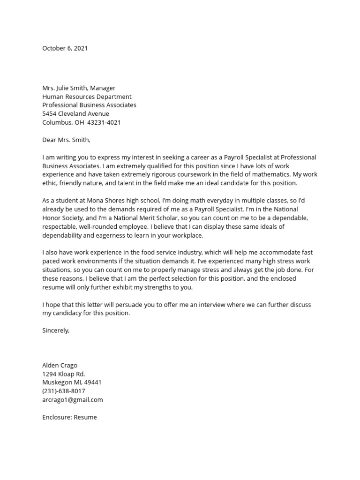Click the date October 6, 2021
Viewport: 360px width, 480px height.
(x=65, y=48)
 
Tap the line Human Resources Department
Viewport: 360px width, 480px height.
(x=87, y=97)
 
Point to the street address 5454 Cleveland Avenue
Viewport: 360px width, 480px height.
(x=75, y=114)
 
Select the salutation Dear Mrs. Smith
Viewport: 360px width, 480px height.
(x=66, y=140)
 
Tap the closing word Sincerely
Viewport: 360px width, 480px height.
(x=55, y=330)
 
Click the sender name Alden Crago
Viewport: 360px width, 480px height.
(x=60, y=365)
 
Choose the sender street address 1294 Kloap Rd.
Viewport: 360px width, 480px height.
(x=64, y=374)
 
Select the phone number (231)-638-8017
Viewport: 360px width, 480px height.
(x=64, y=391)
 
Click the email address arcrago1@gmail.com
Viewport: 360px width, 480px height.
(x=72, y=400)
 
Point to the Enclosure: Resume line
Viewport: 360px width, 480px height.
(x=69, y=417)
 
